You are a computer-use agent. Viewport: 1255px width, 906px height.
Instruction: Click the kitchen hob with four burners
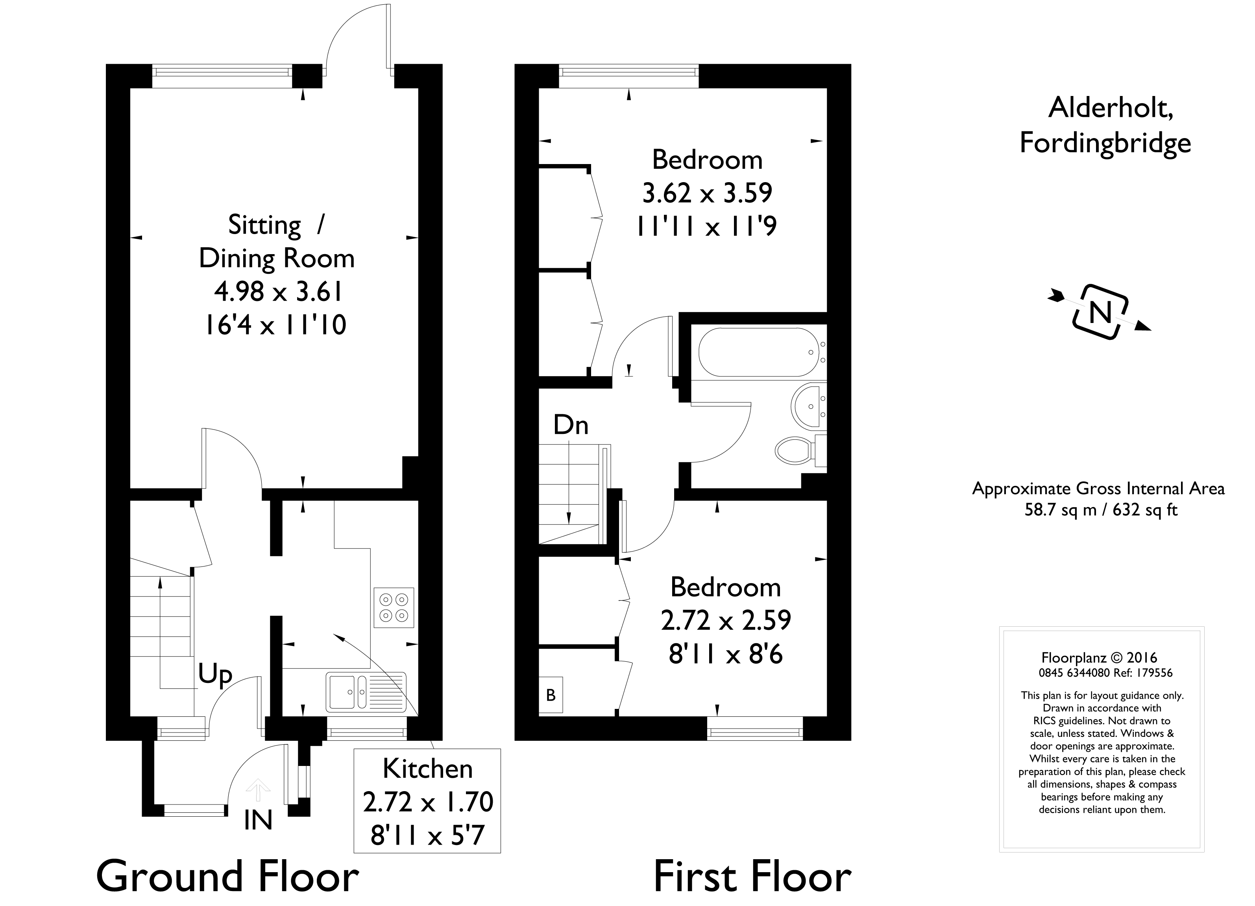394,607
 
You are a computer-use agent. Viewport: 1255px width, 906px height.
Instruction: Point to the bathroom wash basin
808,406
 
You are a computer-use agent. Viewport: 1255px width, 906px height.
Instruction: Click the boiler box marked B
551,695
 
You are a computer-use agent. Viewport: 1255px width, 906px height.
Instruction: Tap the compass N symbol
1100,312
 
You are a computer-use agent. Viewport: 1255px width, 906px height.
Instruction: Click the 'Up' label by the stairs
215,675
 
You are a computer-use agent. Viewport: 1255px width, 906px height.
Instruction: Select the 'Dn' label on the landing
571,425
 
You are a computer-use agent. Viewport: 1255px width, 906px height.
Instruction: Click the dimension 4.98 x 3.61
278,292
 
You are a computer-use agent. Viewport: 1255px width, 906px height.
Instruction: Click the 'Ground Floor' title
227,876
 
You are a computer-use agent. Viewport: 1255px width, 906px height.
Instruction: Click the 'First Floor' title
752,876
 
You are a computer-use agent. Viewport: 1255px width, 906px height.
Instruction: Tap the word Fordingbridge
1105,143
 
